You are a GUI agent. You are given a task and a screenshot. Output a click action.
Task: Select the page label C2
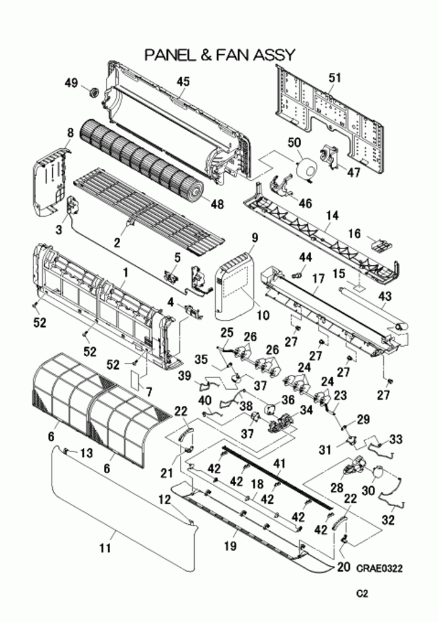pos(363,595)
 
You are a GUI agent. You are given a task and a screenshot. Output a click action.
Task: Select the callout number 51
pos(335,78)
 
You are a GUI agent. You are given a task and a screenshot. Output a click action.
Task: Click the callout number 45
pos(182,82)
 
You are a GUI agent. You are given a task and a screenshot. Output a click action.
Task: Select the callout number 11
pos(105,549)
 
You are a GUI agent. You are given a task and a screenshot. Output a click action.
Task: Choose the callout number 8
pos(70,133)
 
